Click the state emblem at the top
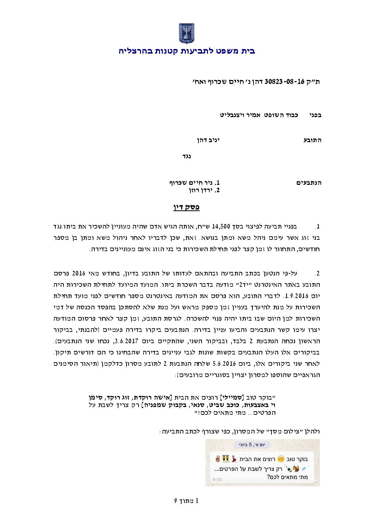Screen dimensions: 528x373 tap(186, 34)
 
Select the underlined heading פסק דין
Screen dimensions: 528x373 tap(186, 207)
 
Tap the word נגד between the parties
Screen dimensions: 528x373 tap(186, 156)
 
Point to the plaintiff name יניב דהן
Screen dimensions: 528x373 tap(208, 140)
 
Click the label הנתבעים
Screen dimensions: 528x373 tap(309, 183)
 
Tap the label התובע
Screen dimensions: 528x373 tap(312, 140)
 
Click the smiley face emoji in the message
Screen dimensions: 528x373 tap(281, 459)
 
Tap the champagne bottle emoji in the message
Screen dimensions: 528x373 tap(288, 469)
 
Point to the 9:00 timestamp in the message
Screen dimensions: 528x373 tap(218, 479)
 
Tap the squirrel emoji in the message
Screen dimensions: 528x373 tap(296, 469)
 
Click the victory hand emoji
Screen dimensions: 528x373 tap(218, 459)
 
